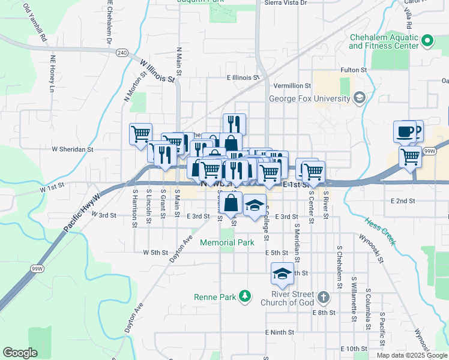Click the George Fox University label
pos(309,98)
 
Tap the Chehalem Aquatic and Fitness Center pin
pos(427,41)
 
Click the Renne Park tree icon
pos(244,296)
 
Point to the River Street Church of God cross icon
pos(323,297)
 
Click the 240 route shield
pos(122,53)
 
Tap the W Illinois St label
pos(157,71)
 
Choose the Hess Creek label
pos(379,230)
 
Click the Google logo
pos(20,353)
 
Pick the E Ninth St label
pos(279,332)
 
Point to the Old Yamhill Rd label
pos(35,22)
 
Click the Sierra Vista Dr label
pos(286,3)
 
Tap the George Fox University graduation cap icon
pos(359,98)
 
